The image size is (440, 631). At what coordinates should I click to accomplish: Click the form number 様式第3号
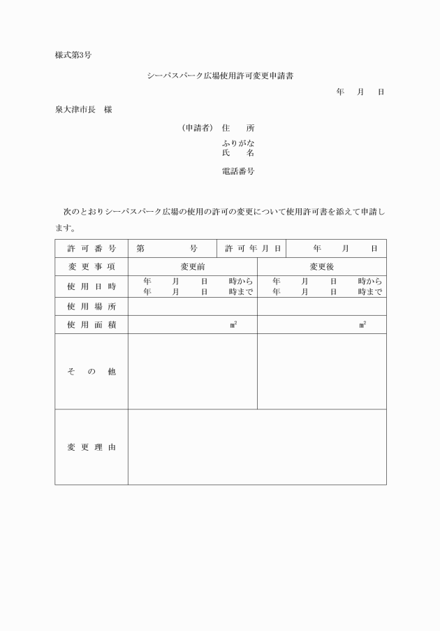(73, 55)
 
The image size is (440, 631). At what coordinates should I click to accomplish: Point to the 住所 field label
(238, 128)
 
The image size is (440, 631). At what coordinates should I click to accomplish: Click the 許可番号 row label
(91, 248)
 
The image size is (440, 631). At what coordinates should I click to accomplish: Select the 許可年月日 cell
(253, 248)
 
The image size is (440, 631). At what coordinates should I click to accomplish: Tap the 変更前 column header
(192, 267)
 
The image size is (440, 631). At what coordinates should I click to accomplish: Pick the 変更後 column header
(322, 267)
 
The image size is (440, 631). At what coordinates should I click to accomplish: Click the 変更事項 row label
(91, 267)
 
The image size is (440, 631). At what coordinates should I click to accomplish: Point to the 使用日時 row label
(91, 287)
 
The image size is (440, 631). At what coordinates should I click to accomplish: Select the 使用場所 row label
(91, 307)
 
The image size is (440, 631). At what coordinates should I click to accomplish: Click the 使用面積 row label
(91, 325)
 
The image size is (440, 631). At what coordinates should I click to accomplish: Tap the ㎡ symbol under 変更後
(362, 325)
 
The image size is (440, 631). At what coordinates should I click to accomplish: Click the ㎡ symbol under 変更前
(233, 325)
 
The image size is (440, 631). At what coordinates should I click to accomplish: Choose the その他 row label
(91, 372)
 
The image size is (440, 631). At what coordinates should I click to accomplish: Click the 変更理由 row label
(91, 447)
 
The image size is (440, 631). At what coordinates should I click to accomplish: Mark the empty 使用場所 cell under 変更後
(322, 307)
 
